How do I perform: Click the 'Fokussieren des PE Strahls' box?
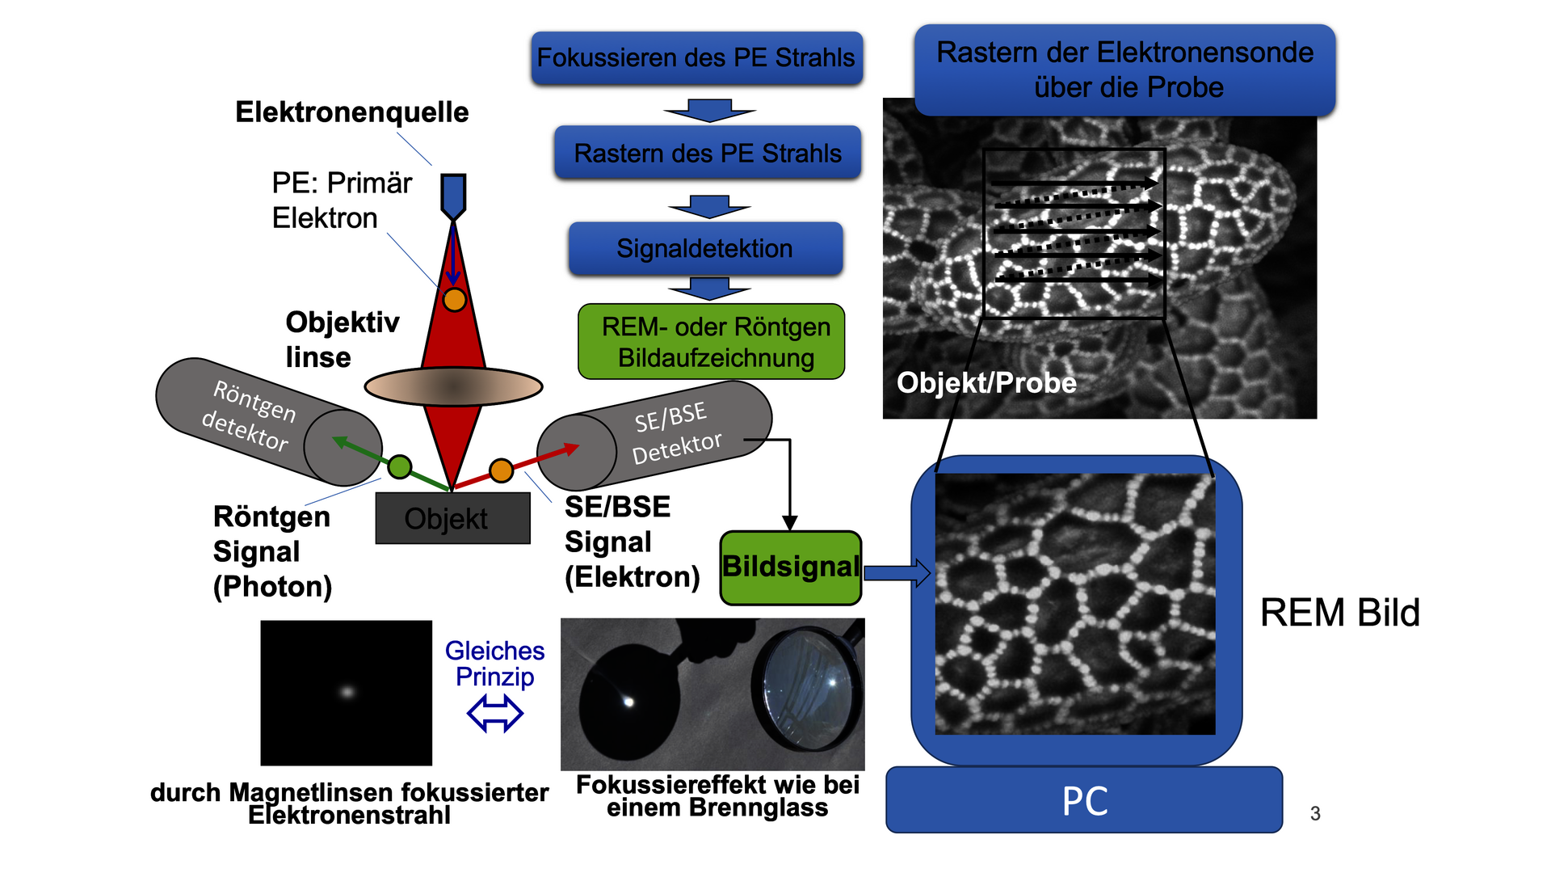click(696, 58)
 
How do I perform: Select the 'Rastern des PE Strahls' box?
click(708, 153)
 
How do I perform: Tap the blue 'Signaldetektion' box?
click(705, 249)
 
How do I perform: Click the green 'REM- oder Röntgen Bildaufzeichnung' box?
click(712, 342)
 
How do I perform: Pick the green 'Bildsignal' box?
click(791, 567)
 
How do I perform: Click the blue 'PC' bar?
click(1084, 800)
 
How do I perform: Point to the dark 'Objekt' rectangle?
click(452, 519)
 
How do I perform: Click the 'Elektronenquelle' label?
click(351, 112)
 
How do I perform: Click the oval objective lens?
click(453, 386)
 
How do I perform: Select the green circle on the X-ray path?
click(400, 466)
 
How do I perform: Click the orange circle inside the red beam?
click(455, 300)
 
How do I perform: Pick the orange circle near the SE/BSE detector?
click(502, 470)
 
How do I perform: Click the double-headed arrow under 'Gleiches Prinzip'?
click(495, 714)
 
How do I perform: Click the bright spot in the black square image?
click(347, 692)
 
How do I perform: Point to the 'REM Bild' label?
click(1339, 613)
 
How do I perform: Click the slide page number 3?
click(1315, 813)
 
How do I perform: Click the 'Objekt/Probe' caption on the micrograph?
click(986, 382)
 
